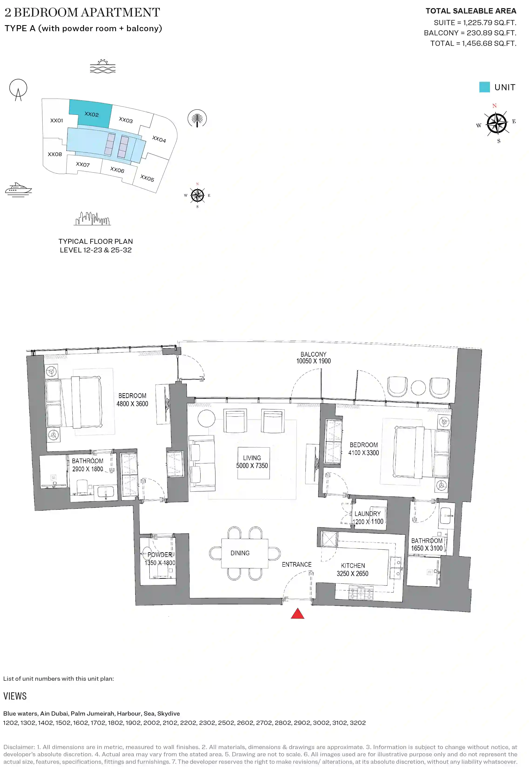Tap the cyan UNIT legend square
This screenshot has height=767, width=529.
[484, 87]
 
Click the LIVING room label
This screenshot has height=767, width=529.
[252, 458]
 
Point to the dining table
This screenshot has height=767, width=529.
[245, 553]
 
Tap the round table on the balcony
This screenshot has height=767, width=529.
[418, 388]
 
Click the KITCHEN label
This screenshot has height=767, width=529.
[353, 566]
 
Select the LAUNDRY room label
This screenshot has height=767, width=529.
[367, 514]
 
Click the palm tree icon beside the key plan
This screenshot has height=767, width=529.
[197, 119]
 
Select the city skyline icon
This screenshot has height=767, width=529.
[92, 219]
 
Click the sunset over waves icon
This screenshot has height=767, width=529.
[103, 66]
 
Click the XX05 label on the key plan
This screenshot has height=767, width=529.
[147, 178]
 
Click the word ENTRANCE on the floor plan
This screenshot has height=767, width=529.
[297, 564]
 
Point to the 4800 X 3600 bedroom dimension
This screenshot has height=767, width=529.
[132, 404]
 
